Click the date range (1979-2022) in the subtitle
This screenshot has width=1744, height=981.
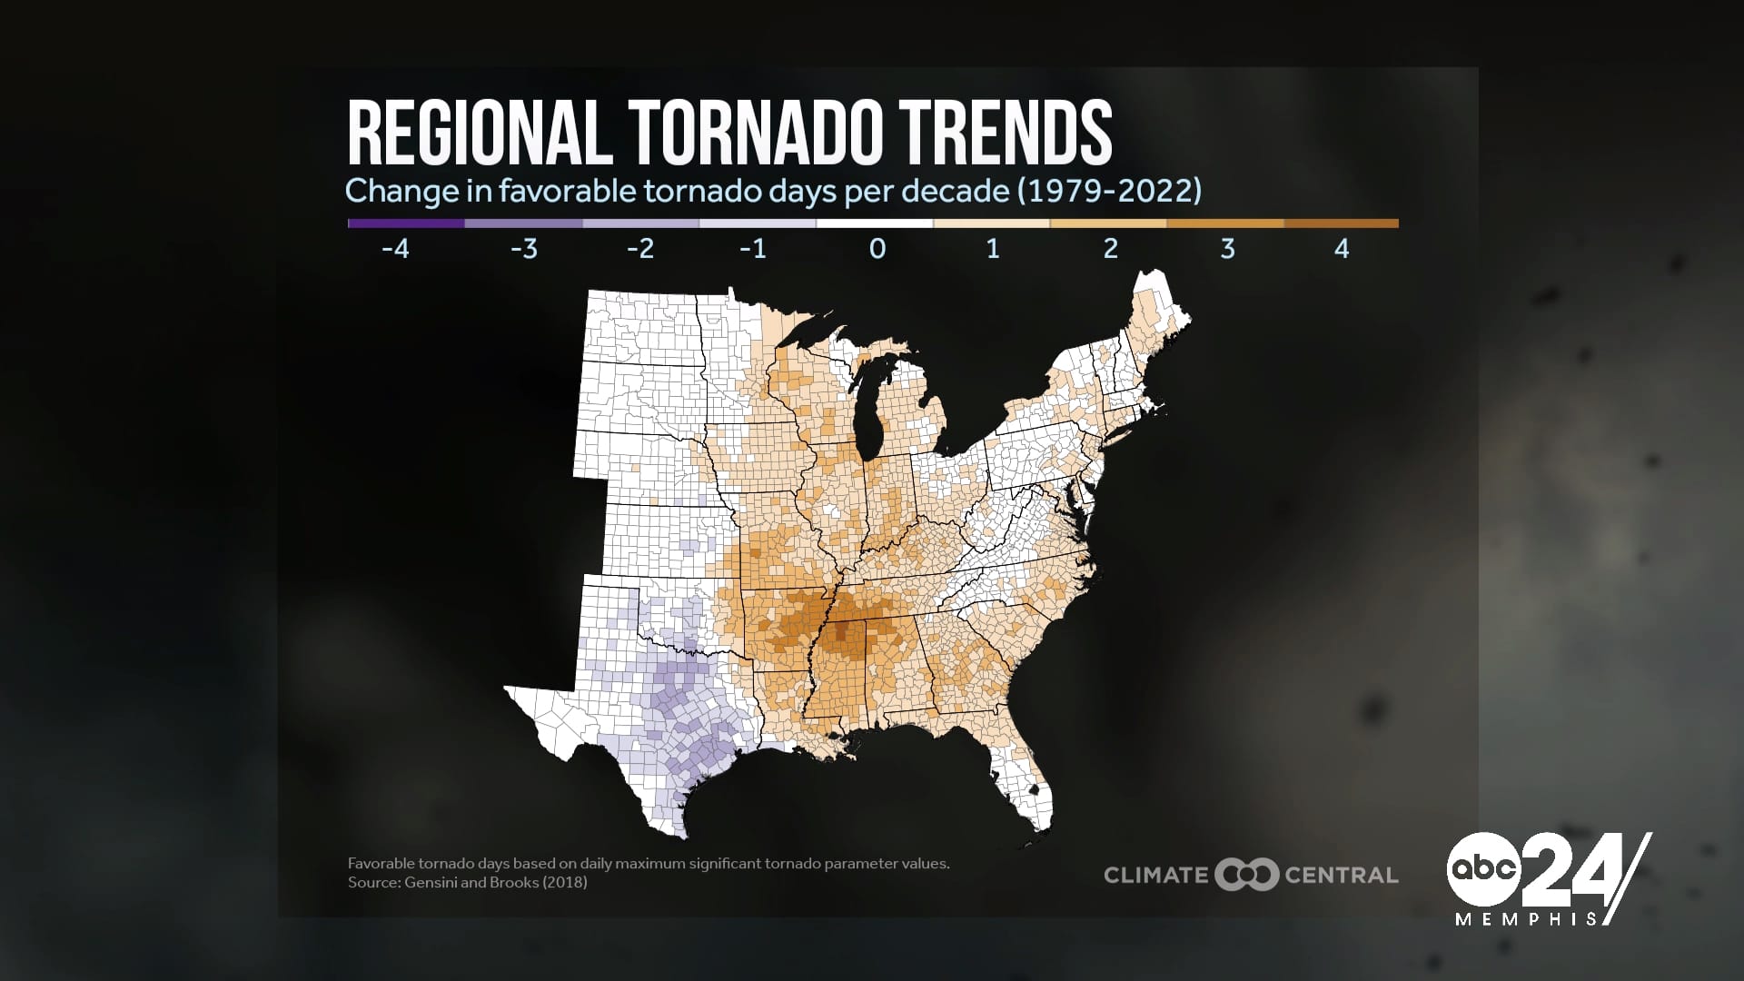tap(1109, 191)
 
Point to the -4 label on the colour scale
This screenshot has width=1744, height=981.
tap(395, 248)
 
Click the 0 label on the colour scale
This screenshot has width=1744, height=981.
tap(877, 248)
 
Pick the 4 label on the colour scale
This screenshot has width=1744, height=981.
tap(1342, 248)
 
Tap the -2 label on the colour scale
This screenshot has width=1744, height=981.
tap(640, 248)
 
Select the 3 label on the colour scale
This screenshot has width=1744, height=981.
tap(1227, 248)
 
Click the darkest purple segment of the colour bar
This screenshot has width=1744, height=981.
tap(406, 223)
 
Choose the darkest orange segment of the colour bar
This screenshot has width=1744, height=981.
tap(1341, 223)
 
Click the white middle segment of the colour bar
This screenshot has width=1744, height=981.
tap(875, 223)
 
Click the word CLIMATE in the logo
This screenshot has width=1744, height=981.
tap(1155, 876)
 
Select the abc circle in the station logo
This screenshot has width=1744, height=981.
tap(1483, 868)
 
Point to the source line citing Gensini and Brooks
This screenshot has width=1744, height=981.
tap(467, 882)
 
